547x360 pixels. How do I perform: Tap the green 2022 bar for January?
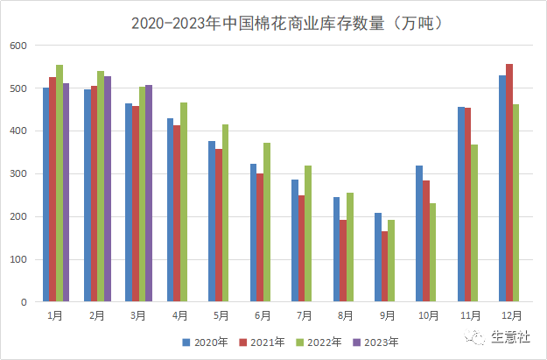click(x=60, y=183)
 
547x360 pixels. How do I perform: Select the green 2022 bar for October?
click(x=432, y=252)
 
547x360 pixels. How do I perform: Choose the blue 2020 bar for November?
click(x=461, y=204)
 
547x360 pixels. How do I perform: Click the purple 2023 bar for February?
click(x=108, y=188)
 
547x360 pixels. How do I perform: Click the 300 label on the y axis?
click(x=19, y=173)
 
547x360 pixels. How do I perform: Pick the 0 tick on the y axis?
click(x=25, y=302)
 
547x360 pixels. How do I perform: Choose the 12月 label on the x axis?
click(x=509, y=314)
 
